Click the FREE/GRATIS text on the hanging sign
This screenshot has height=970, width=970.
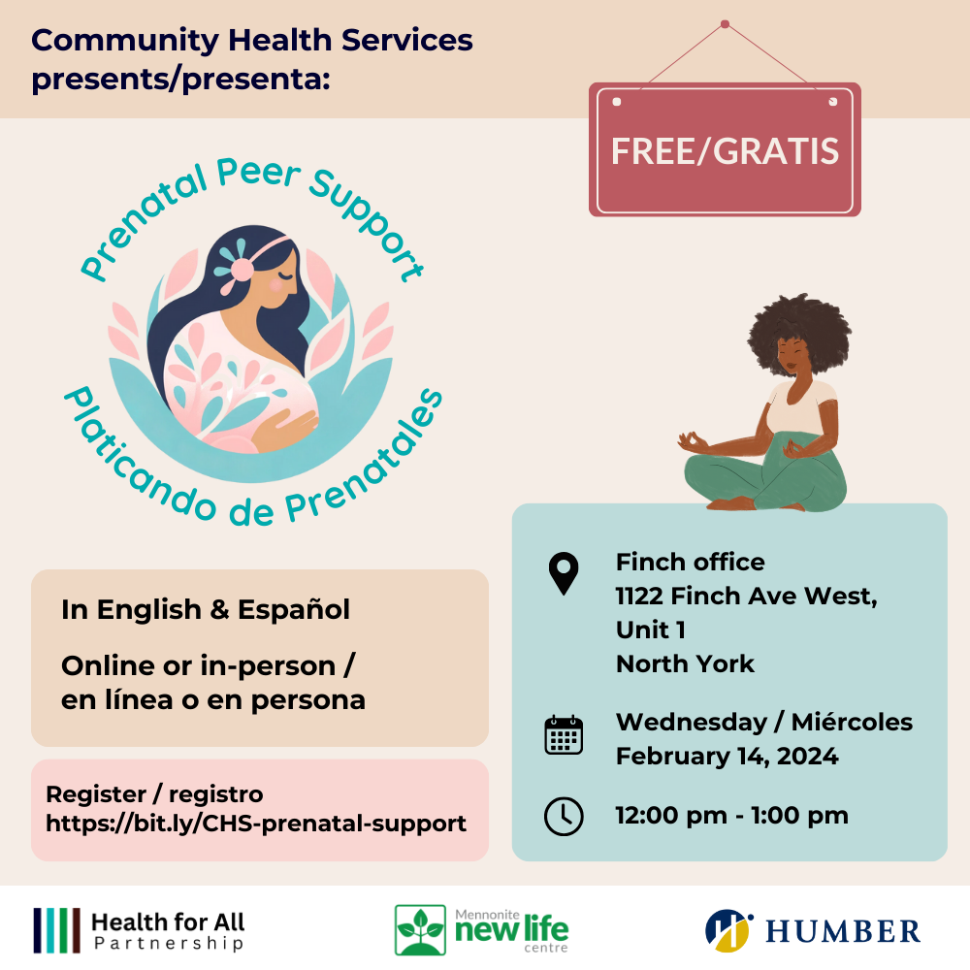pos(725,151)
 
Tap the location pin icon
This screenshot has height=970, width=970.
pos(563,573)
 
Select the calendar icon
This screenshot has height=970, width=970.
pos(563,735)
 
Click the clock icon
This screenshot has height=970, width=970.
pos(563,816)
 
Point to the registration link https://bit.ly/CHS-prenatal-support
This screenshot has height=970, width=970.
pos(256,824)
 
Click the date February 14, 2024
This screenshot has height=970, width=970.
pos(727,756)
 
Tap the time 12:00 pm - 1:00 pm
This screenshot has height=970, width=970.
pos(731,816)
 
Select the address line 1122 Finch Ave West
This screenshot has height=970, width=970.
pos(746,597)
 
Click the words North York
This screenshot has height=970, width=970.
pos(685,663)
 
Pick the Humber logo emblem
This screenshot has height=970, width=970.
pos(728,930)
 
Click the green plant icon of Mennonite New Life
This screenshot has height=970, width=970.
pos(420,930)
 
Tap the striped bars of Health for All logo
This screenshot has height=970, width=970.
pos(57,930)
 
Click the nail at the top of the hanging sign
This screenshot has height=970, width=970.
pos(725,24)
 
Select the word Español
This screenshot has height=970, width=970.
pos(293,610)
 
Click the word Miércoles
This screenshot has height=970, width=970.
pos(852,722)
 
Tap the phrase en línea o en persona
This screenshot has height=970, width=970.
pos(212,700)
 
